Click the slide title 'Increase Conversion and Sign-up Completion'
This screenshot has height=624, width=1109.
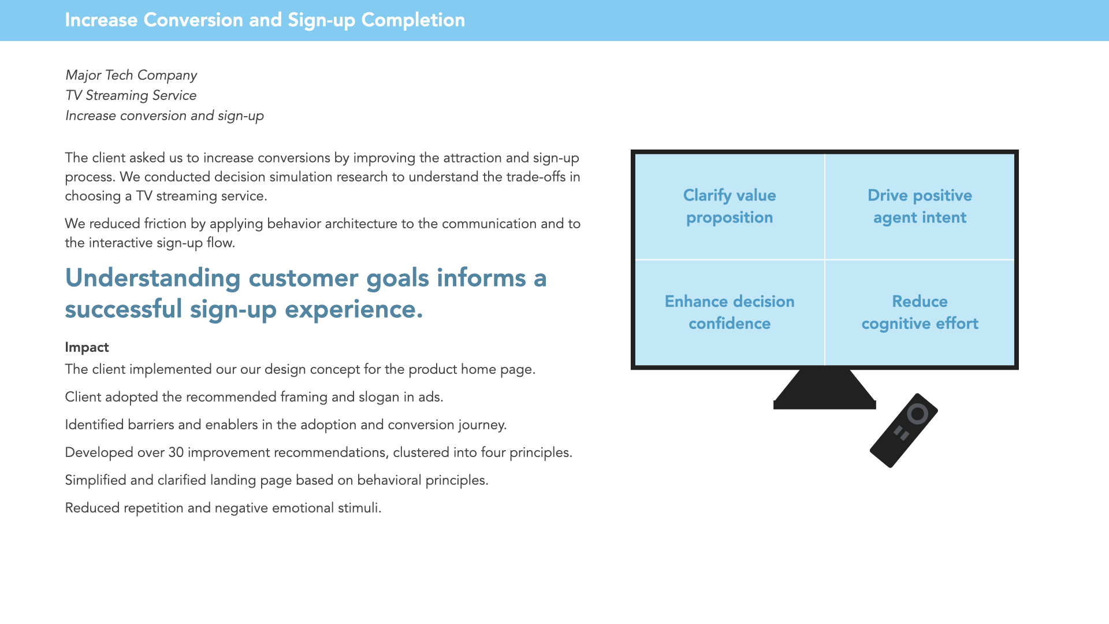(x=265, y=20)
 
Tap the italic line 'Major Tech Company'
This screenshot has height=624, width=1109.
(x=131, y=75)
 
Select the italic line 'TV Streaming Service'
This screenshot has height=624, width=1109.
(x=131, y=95)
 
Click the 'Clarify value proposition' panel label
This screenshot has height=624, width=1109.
(x=729, y=206)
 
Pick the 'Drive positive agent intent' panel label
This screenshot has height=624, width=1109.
(x=920, y=206)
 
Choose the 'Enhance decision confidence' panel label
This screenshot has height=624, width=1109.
(x=729, y=312)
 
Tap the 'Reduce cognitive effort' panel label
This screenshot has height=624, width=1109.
(x=920, y=312)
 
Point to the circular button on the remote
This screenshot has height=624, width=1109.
(x=917, y=414)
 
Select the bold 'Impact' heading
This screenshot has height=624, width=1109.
(x=87, y=347)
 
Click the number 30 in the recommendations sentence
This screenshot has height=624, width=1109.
(x=176, y=452)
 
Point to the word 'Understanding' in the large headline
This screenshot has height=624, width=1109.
(x=152, y=278)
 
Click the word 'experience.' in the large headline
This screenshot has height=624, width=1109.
(x=353, y=309)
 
